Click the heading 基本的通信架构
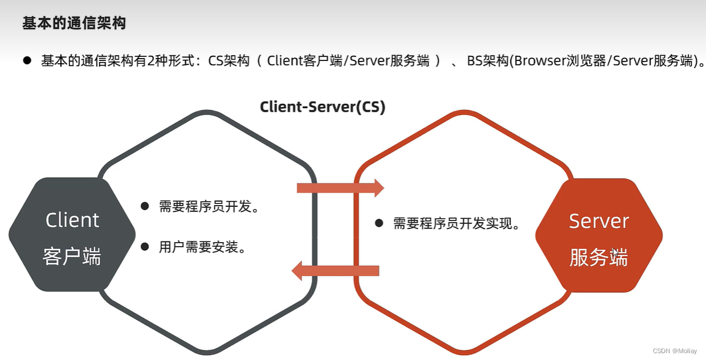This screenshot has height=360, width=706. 74,23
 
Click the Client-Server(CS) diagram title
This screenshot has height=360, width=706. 323,107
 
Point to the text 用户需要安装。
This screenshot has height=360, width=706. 202,247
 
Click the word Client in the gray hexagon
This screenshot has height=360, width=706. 72,220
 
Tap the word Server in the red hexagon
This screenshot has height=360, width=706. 599,221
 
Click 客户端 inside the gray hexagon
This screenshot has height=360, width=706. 72,257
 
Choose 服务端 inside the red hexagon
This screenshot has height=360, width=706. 598,257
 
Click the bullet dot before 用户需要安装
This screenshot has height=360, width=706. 145,247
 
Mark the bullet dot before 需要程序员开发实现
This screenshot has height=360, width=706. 379,223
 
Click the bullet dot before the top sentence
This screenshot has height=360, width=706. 27,60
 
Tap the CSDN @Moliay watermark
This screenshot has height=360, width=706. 678,351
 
